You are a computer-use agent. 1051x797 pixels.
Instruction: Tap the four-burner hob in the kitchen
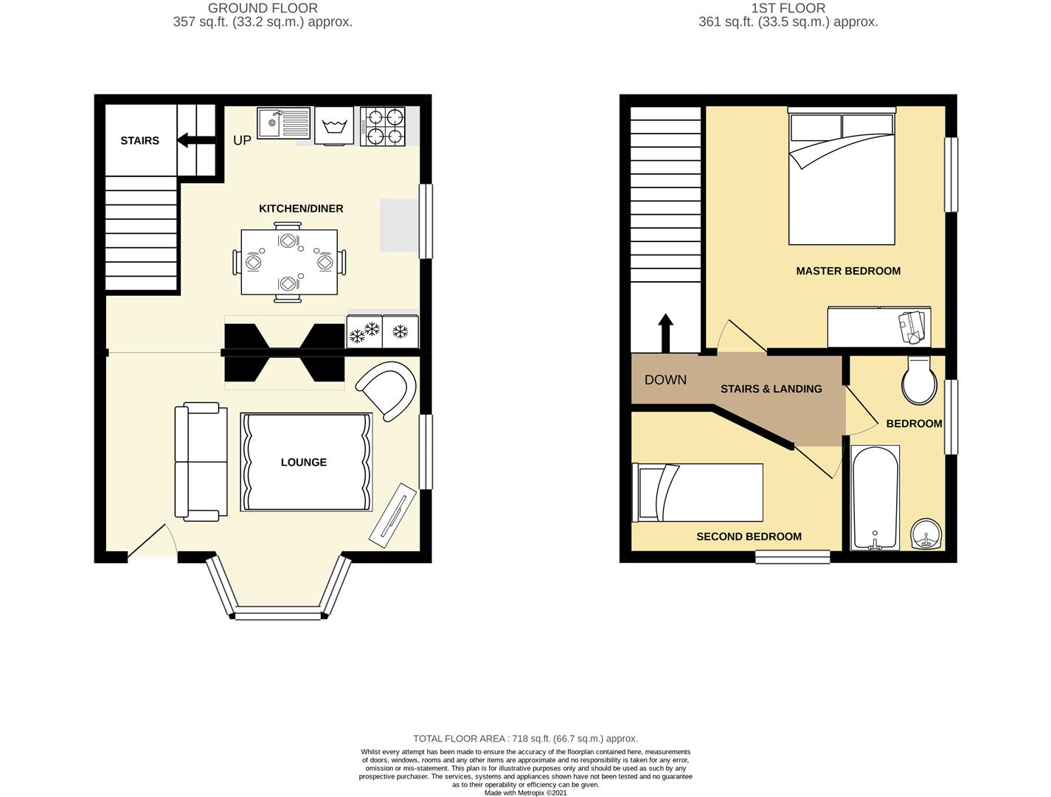click(x=383, y=126)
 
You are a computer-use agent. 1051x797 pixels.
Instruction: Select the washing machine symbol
click(x=333, y=125)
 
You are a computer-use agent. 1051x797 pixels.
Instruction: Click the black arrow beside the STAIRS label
click(x=196, y=140)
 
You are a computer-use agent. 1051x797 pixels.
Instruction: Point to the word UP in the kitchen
click(x=242, y=140)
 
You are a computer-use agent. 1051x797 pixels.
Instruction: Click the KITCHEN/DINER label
click(x=301, y=209)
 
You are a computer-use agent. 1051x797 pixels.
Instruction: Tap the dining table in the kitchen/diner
click(x=289, y=263)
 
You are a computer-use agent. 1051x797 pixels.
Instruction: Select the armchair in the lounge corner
click(x=386, y=391)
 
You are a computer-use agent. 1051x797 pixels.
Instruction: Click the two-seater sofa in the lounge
click(x=201, y=462)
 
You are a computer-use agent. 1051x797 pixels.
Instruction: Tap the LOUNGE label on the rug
click(x=304, y=462)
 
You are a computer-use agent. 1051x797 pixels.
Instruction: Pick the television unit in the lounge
click(x=393, y=515)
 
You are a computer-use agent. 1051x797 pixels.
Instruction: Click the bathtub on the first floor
click(x=875, y=497)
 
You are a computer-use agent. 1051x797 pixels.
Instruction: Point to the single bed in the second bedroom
click(x=697, y=492)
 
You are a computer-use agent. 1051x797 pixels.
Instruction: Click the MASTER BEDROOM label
click(x=848, y=271)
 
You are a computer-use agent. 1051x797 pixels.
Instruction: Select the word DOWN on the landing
click(x=665, y=380)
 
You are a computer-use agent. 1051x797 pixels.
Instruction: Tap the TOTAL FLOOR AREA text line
click(x=525, y=739)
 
